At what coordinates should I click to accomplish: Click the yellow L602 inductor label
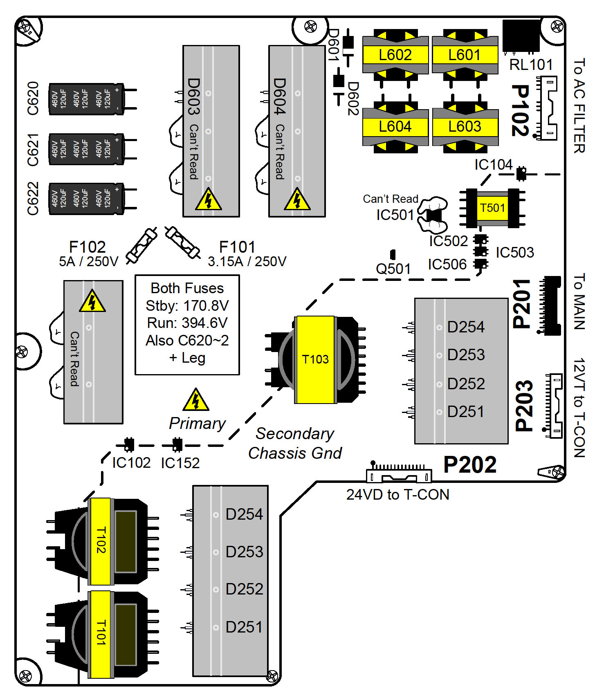pos(395,55)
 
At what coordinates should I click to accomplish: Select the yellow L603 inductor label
pos(465,127)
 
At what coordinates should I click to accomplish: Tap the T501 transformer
pos(492,208)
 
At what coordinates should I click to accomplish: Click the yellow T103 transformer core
pos(315,359)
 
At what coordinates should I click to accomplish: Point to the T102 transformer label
pos(101,540)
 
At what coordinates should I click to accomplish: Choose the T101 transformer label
pos(101,633)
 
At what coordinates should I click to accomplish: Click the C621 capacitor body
pos(86,149)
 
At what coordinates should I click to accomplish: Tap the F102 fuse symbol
pos(141,245)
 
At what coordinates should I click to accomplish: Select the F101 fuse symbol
pos(182,242)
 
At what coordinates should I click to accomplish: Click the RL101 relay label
pos(531,65)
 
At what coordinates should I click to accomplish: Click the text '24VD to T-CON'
pos(397,495)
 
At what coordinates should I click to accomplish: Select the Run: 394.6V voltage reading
pos(187,323)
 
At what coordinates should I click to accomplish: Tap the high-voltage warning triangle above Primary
pos(196,400)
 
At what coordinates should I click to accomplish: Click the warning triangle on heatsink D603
pos(209,200)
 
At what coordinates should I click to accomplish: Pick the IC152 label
pos(180,463)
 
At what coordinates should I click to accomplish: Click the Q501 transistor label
pos(393,269)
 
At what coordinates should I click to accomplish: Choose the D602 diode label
pos(353,99)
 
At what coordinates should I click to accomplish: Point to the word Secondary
pos(295,434)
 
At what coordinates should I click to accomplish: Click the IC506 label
pos(447,265)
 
